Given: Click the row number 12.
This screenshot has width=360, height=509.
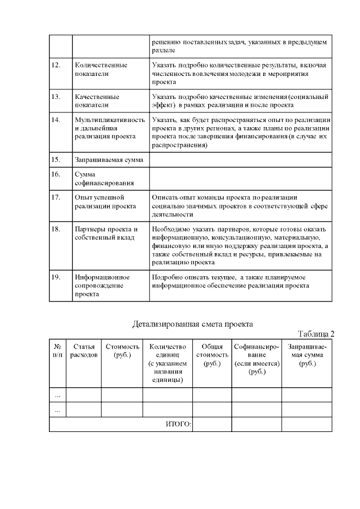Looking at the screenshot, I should tap(56, 65).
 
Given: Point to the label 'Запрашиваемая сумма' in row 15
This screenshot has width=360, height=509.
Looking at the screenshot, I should tap(109, 160).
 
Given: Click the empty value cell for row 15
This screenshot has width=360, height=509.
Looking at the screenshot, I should tap(240, 160).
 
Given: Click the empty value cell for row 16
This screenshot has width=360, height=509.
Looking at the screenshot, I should tap(240, 178).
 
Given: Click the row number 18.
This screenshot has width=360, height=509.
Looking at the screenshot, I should tap(56, 229).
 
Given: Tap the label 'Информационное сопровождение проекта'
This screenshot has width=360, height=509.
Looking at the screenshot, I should tap(102, 285).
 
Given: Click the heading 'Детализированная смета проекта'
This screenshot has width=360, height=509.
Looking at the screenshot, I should tap(192, 324).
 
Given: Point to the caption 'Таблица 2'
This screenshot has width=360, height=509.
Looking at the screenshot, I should tap(316, 334).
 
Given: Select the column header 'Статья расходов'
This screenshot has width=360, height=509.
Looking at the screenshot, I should tap(84, 351).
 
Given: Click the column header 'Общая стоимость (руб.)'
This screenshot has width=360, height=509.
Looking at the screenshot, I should tap(211, 355).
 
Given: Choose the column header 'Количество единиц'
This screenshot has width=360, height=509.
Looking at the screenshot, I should tap(167, 351).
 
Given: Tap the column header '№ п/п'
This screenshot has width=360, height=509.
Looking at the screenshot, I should tap(57, 351).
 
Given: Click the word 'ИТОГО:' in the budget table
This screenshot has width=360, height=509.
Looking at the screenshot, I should tap(179, 424).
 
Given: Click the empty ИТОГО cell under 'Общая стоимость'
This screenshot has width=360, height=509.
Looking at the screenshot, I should tap(211, 424).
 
